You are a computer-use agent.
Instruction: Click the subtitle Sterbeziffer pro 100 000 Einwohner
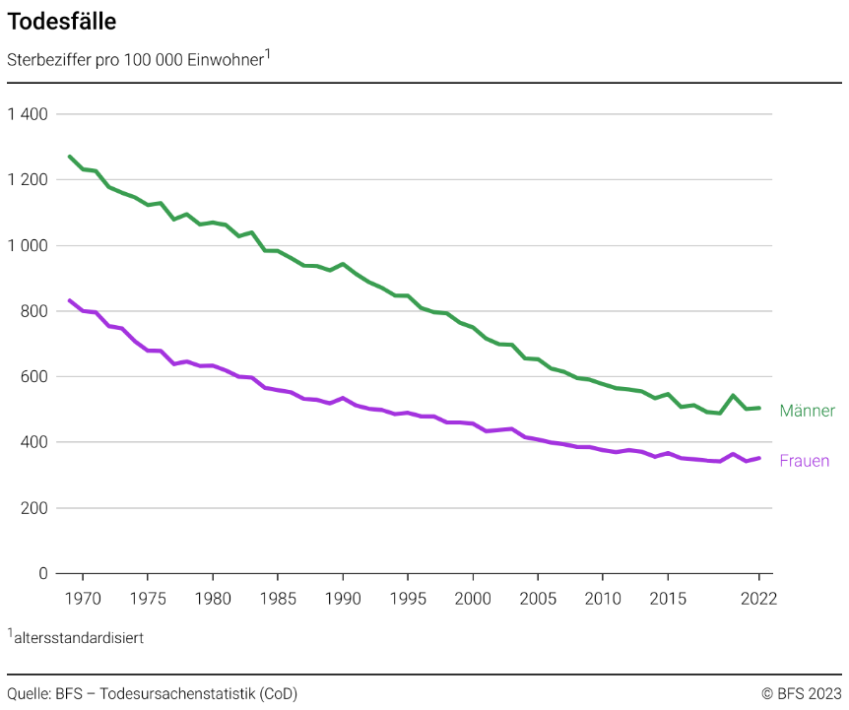pos(136,60)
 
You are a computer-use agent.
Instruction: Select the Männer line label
pos(807,411)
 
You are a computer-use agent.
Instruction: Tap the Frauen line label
pos(804,461)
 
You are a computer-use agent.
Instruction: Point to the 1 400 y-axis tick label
pos(28,114)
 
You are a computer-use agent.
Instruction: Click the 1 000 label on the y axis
pos(28,245)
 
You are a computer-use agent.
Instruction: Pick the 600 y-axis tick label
pos(34,376)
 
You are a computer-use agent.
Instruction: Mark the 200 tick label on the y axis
pos(34,508)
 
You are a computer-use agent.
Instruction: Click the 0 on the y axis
pos(42,573)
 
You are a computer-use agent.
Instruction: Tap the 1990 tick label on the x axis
pos(342,598)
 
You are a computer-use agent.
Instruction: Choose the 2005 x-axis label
pos(537,598)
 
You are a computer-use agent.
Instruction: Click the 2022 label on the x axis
pos(758,598)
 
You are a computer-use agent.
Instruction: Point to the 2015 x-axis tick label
pos(667,598)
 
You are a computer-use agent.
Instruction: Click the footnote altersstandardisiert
pos(79,637)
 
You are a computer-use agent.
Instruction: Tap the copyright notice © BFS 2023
pos(801,693)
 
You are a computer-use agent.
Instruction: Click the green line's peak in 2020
pos(733,395)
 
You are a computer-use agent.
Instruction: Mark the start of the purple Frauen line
pos(69,300)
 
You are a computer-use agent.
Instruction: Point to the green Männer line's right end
pos(759,408)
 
